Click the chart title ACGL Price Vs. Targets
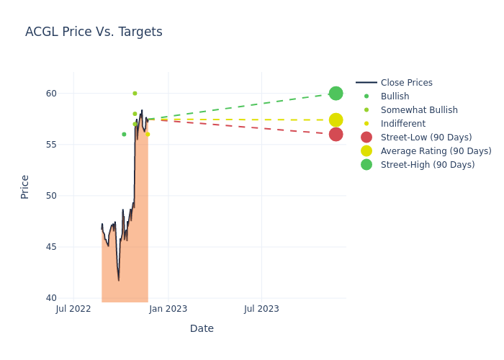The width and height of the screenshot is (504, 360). [x=94, y=32]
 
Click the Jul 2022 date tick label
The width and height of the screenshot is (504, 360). [x=73, y=309]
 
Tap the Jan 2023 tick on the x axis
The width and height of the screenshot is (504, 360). [x=168, y=309]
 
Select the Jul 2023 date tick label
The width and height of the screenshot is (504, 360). [x=261, y=309]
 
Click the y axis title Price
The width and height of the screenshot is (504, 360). [x=25, y=186]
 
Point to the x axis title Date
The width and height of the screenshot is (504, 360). [x=202, y=328]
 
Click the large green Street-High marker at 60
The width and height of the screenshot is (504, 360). [x=336, y=94]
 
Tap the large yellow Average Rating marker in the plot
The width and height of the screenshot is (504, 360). [x=336, y=120]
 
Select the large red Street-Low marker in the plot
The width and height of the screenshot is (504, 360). [x=336, y=135]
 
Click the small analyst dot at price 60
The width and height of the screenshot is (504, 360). [x=135, y=94]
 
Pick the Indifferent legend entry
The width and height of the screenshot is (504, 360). [x=402, y=124]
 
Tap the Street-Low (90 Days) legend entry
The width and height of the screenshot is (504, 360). [x=426, y=138]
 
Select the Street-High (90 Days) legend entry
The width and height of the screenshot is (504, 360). [x=427, y=165]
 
